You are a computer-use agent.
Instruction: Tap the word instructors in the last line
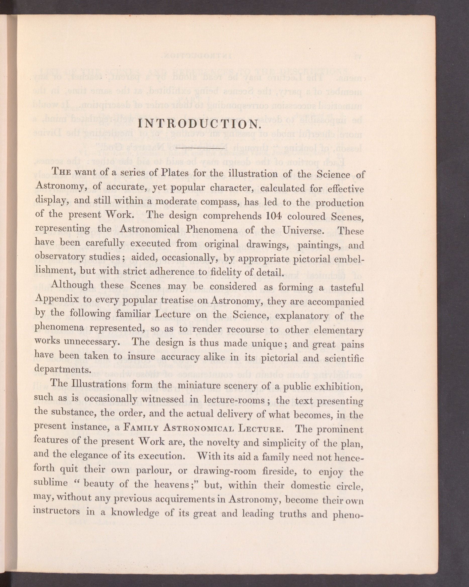57,511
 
